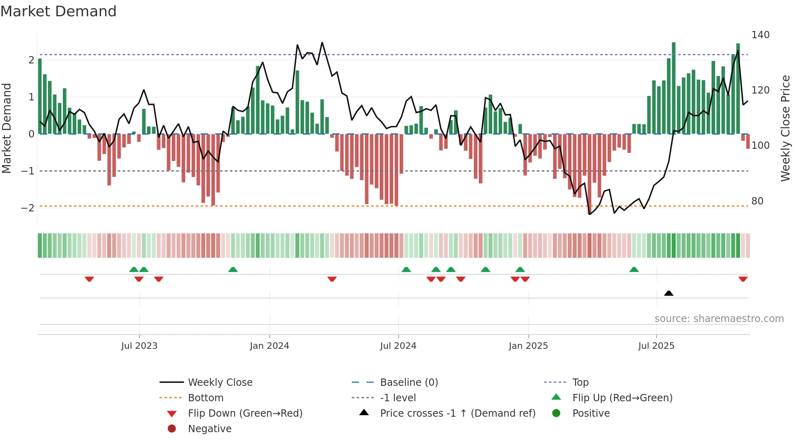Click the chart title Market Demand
[x=58, y=11]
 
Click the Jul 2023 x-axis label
[x=139, y=346]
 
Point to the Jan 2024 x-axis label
[x=269, y=346]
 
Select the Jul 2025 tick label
[x=656, y=346]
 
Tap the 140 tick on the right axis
[x=760, y=35]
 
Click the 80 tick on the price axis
[x=757, y=201]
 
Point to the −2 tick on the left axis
[x=28, y=208]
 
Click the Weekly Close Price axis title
[x=785, y=128]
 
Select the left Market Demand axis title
[x=6, y=128]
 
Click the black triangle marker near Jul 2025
[x=668, y=293]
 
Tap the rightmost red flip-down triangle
[x=743, y=279]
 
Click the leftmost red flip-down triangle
[x=89, y=279]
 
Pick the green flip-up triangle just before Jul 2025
[x=634, y=270]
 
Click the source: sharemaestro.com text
[x=719, y=319]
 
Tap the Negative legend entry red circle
[x=172, y=429]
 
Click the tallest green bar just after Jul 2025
[x=673, y=88]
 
